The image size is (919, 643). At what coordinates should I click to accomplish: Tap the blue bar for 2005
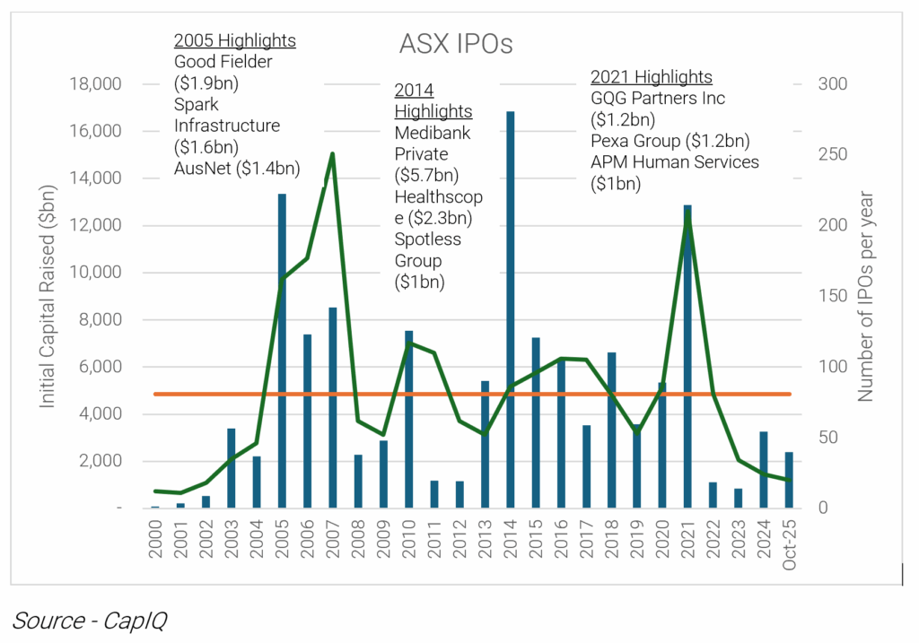(x=282, y=351)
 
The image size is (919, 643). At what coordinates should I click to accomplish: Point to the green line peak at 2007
(x=332, y=154)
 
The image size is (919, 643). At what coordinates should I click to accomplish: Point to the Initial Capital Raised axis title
(x=48, y=296)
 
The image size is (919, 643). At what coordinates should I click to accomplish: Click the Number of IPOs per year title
(x=865, y=296)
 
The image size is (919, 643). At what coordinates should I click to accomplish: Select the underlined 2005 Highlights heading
(x=234, y=41)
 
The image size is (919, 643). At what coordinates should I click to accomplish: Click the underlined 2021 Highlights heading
(x=651, y=77)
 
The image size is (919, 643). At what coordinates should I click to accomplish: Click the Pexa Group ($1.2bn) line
(x=670, y=141)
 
